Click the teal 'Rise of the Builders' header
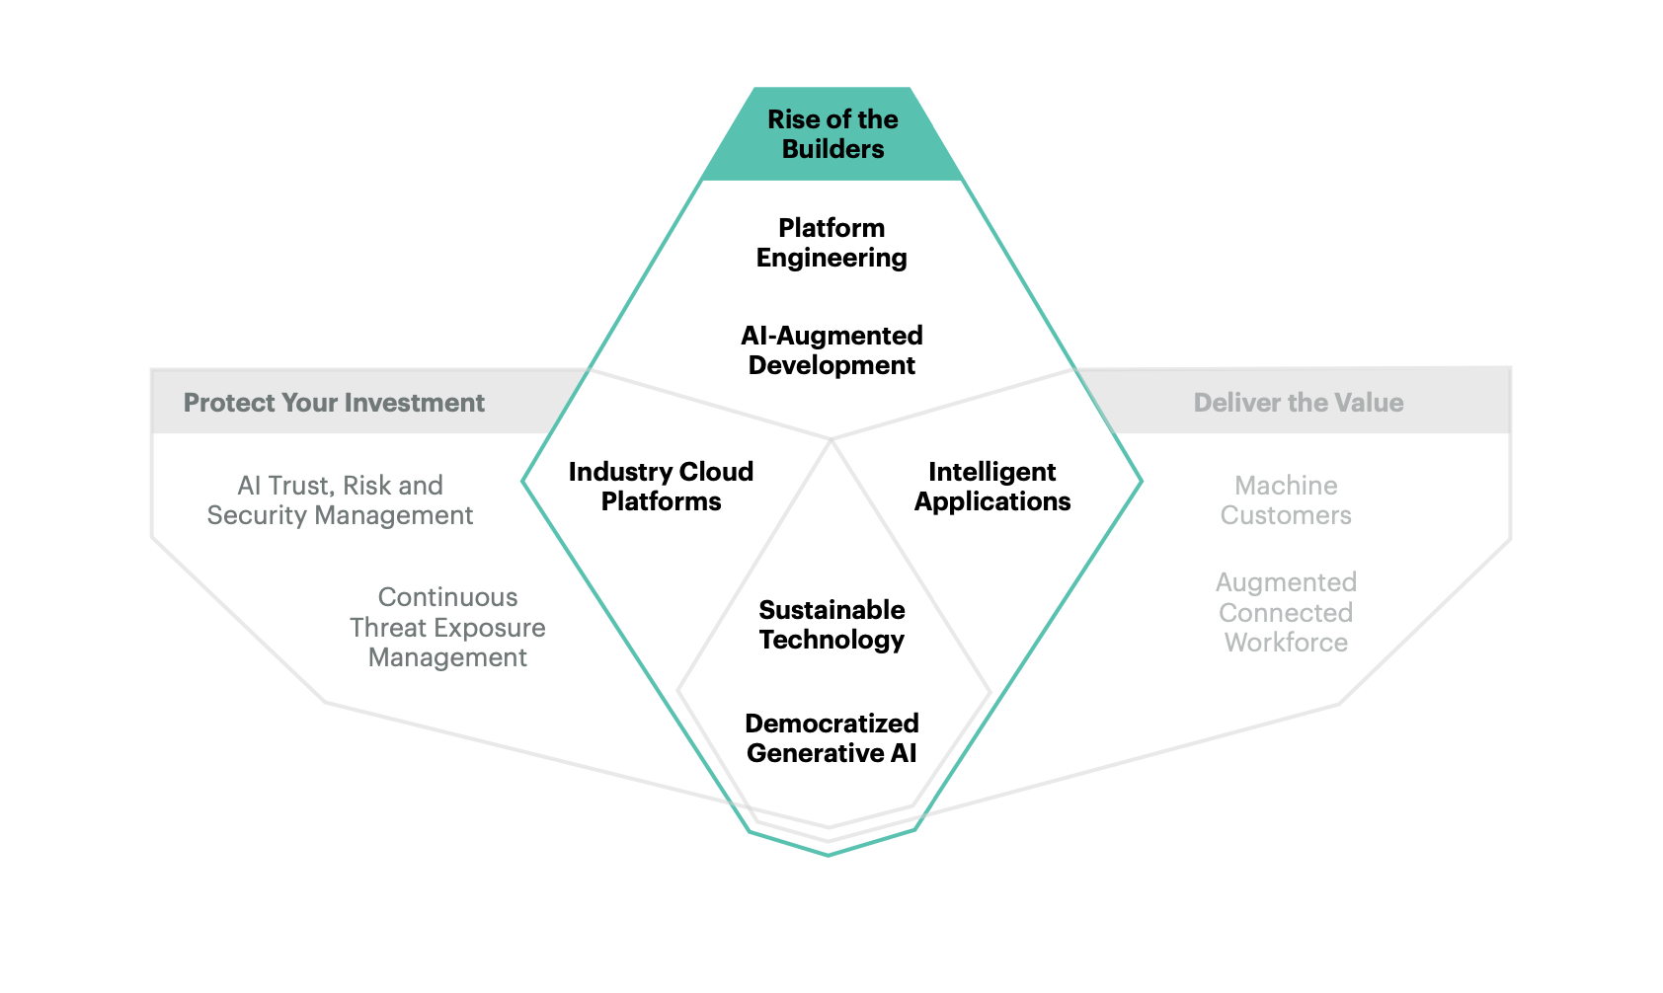832,134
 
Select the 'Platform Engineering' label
831,243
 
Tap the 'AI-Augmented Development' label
831,350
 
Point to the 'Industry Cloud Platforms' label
661,487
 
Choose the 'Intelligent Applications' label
991,487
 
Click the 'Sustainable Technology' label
831,625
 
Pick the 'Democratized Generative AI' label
831,738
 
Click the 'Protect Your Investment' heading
334,403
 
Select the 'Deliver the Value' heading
1298,403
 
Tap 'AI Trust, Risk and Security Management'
340,500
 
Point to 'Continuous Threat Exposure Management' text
447,628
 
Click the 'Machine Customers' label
1286,500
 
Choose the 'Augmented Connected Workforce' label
1286,613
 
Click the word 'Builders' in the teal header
832,149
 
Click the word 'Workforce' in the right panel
1286,643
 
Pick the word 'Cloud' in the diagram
721,472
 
